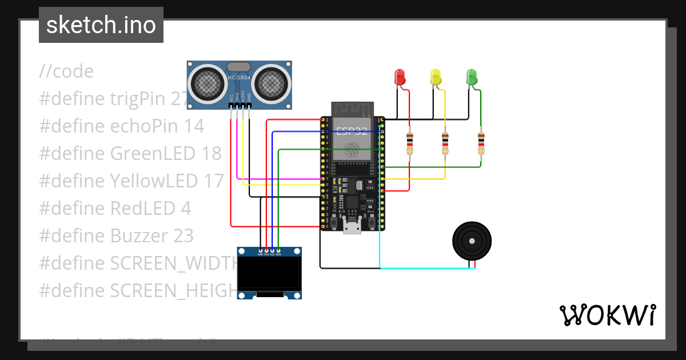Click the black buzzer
472,241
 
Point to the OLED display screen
269,273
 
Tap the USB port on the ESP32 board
352,227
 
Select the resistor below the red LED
409,143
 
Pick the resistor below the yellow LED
445,143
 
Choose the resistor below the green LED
481,143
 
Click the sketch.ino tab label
101,25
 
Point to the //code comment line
66,71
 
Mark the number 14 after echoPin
194,126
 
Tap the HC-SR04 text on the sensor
238,78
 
